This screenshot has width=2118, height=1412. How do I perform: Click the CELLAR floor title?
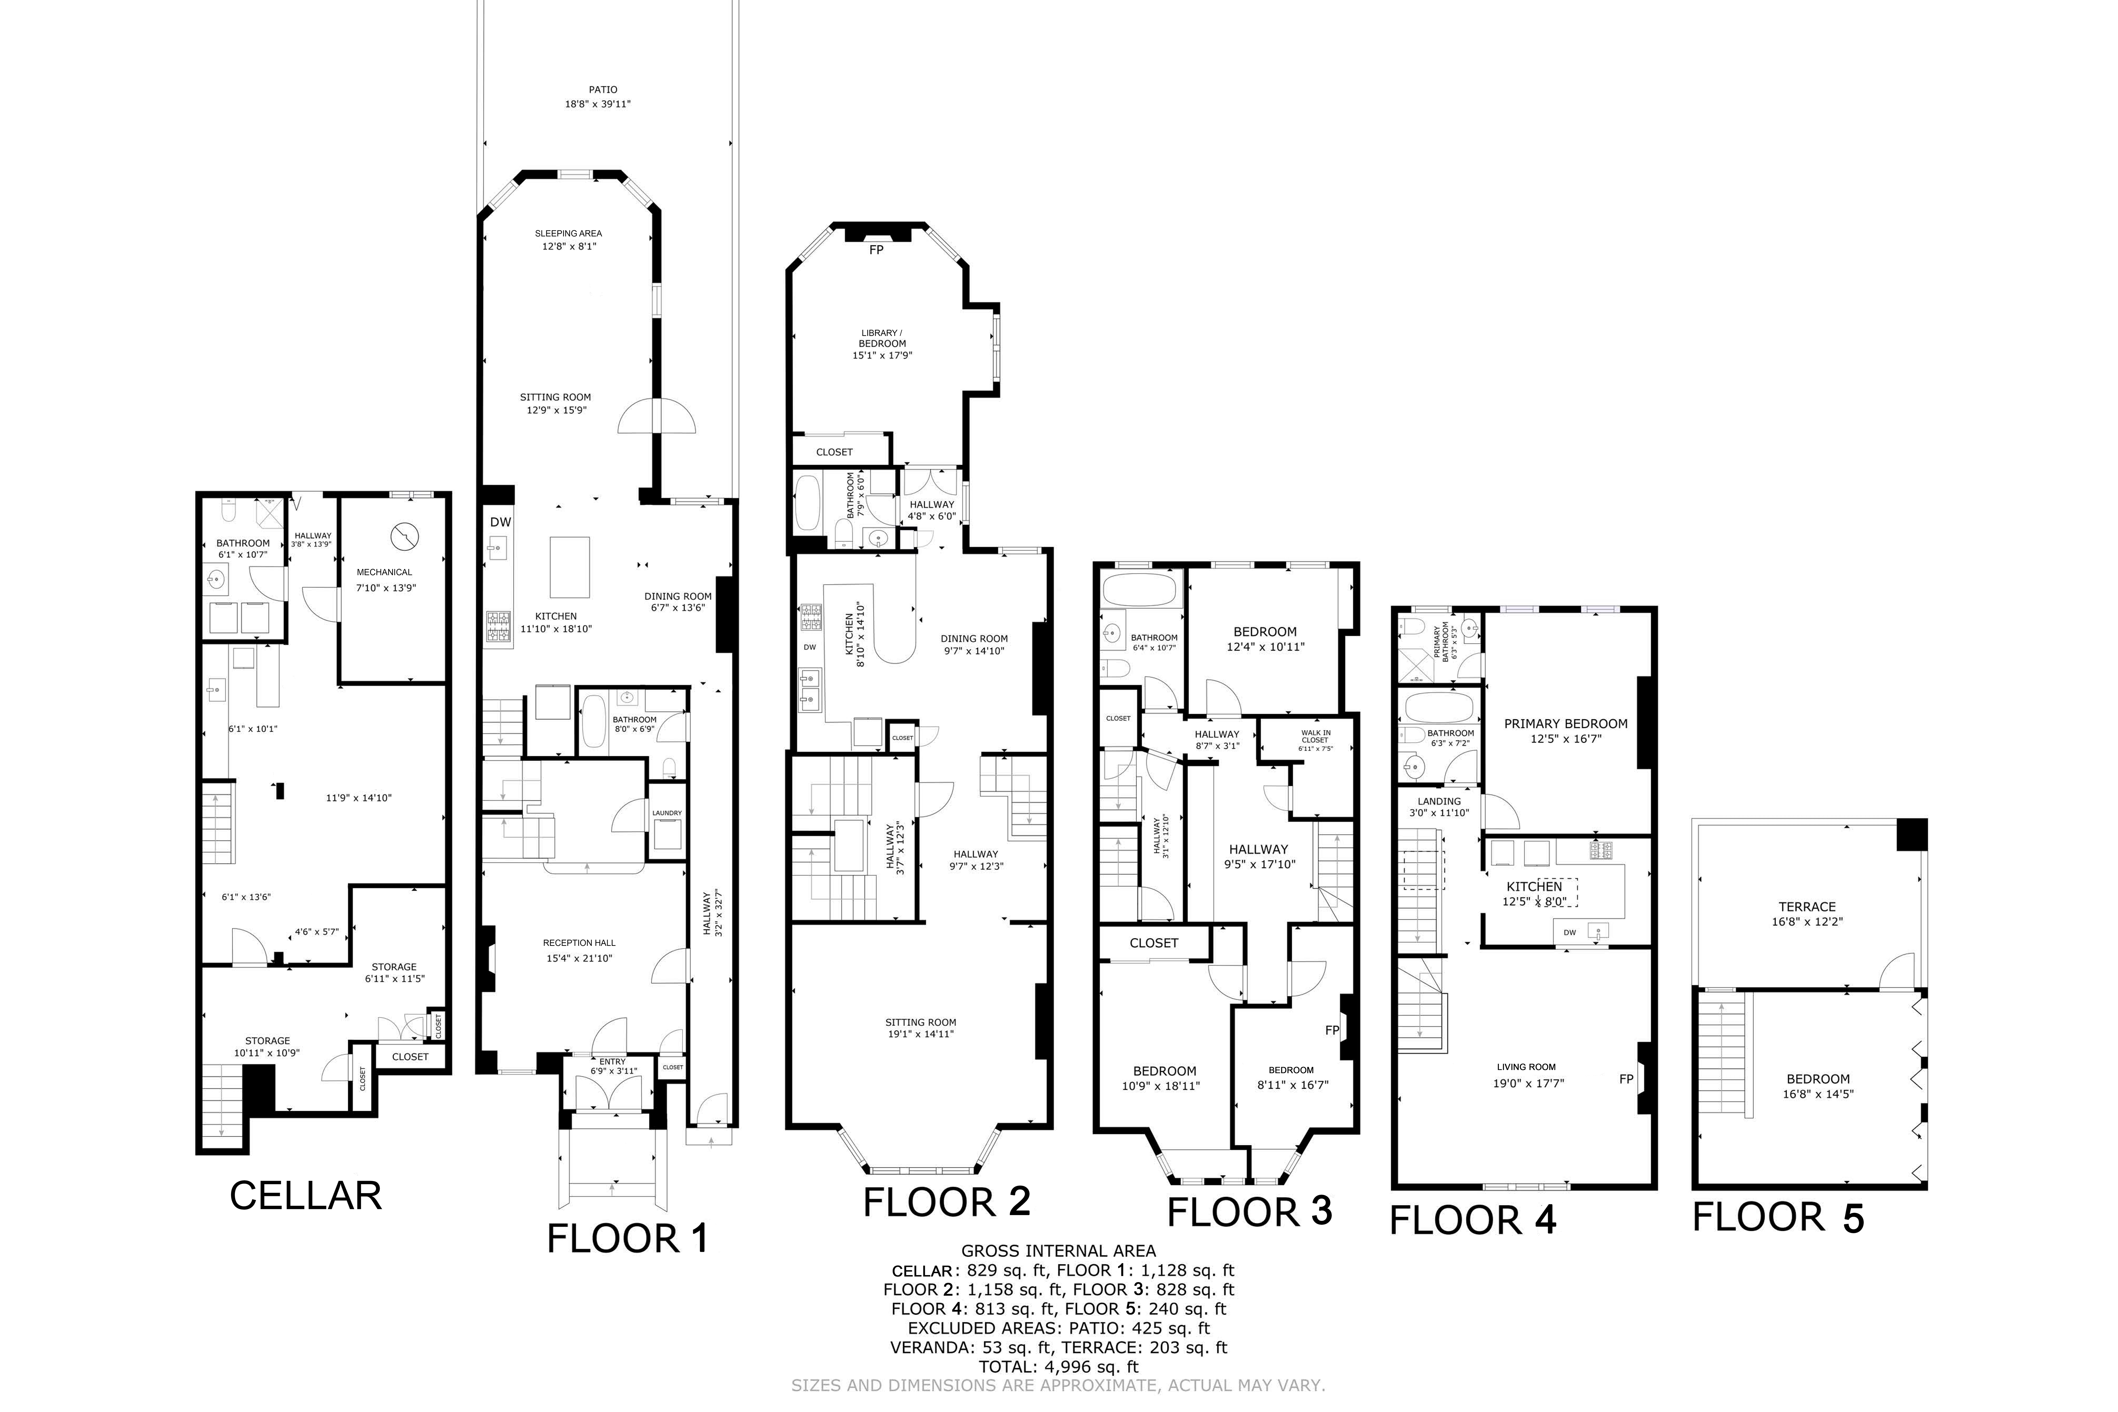[x=305, y=1196]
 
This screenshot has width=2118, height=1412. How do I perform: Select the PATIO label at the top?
[x=602, y=90]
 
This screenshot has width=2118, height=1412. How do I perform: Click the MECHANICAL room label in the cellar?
[x=385, y=572]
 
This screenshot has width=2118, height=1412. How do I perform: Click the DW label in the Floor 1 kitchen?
[x=501, y=522]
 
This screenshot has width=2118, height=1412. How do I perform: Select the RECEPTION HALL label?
[x=579, y=943]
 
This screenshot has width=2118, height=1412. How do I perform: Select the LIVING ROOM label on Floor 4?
[x=1525, y=1067]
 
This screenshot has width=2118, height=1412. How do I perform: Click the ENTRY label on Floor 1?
[x=612, y=1062]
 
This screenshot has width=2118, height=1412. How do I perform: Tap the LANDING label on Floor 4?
[x=1439, y=802]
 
